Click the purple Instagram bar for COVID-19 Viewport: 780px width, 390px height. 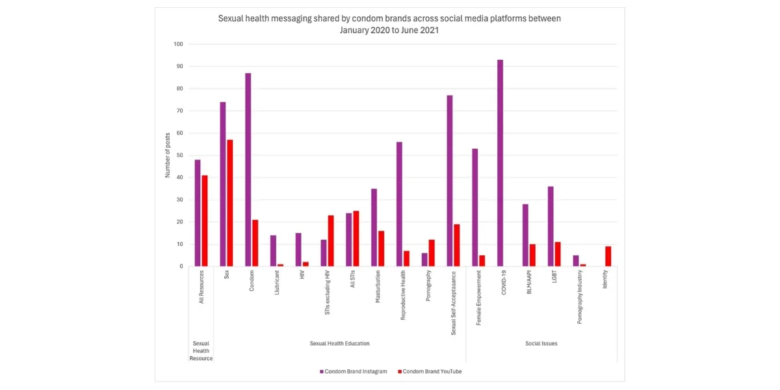pos(500,163)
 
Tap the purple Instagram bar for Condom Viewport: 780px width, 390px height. pos(248,170)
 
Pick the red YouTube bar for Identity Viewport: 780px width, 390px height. pos(608,256)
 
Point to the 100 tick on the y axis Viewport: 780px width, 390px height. pos(178,44)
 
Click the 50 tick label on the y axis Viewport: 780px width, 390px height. pos(179,155)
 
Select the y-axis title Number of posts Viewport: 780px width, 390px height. pos(167,155)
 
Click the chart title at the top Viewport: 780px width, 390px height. pos(389,24)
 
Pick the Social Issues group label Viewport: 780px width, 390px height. pos(541,343)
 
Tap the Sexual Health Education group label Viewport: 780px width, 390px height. pos(339,343)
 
